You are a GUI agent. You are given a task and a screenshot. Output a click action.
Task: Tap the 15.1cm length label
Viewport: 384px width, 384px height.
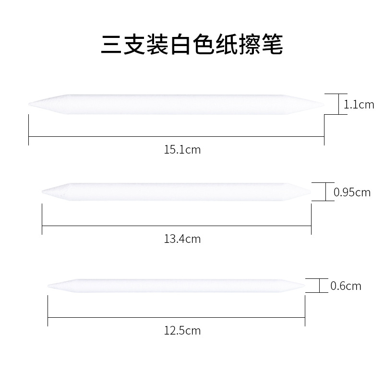[182, 150]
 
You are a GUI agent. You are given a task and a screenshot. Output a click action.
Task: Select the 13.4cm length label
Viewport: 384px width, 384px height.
[182, 239]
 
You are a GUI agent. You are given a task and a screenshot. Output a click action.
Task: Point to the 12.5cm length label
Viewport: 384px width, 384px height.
[182, 330]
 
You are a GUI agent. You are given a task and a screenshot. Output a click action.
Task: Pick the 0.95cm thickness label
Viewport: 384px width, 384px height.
[352, 192]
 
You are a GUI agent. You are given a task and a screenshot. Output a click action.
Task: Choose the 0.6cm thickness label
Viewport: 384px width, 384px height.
[346, 287]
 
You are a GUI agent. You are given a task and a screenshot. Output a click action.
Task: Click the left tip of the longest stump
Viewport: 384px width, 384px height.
[30, 104]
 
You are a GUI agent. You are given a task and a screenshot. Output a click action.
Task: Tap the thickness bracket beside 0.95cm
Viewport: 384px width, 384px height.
[326, 192]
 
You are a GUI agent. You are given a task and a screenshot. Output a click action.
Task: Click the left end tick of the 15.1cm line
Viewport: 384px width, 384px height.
[29, 138]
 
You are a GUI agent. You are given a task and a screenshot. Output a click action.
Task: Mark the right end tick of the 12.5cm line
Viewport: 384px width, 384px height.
[305, 317]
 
